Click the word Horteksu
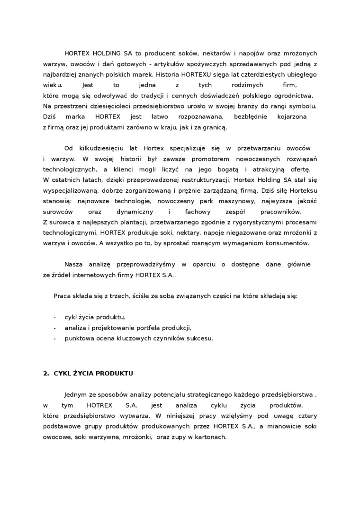pos(301,190)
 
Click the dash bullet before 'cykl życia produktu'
pos(55,317)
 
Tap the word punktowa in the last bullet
pos(79,338)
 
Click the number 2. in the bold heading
pos(46,373)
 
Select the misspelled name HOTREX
pos(99,406)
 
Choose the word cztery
pos(307,416)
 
